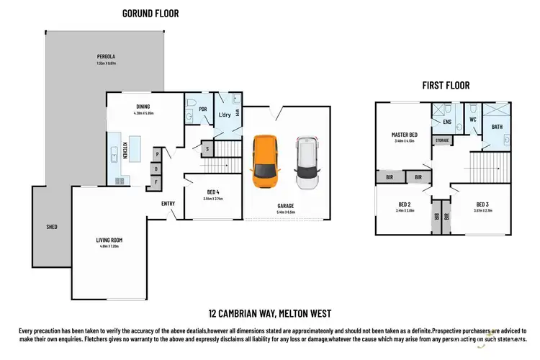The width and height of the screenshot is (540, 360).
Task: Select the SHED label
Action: (x=52, y=227)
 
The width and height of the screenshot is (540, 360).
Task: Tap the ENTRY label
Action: (x=168, y=204)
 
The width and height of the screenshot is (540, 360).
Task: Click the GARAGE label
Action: (x=287, y=205)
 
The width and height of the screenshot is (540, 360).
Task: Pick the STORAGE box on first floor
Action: (x=442, y=140)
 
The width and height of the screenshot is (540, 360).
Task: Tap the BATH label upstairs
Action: (x=497, y=127)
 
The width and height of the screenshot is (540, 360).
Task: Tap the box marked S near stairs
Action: (x=207, y=149)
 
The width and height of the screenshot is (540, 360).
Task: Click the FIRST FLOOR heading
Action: (x=446, y=85)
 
